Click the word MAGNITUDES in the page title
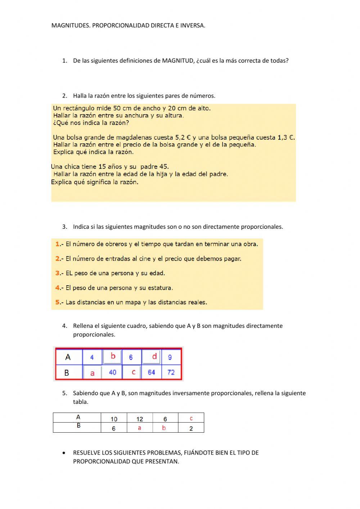(71, 26)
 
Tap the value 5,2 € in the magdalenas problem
(183, 137)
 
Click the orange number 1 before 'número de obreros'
(58, 244)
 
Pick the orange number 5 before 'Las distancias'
(58, 302)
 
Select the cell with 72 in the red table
(171, 372)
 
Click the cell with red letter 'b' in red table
(113, 357)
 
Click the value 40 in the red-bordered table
(112, 372)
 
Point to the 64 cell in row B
(151, 372)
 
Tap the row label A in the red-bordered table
(68, 357)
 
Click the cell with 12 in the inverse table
(140, 419)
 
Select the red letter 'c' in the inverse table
(191, 418)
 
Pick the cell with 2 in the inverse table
(191, 428)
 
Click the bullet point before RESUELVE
(64, 453)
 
